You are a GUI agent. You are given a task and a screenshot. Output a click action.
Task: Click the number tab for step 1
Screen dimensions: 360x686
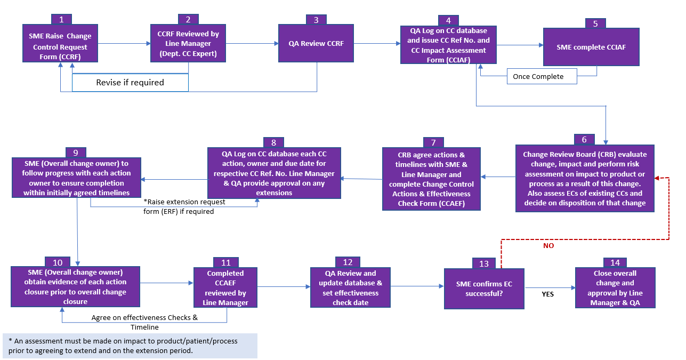click(62, 19)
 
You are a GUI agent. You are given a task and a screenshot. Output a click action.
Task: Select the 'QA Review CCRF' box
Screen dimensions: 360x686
click(317, 43)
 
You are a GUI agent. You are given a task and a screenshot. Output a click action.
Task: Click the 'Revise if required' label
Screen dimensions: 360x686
click(130, 83)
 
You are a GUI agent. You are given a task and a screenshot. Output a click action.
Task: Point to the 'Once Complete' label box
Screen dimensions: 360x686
click(542, 77)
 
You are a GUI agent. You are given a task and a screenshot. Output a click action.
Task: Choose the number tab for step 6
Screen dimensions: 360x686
click(584, 139)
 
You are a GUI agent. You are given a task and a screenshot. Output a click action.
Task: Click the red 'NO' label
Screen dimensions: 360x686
click(548, 246)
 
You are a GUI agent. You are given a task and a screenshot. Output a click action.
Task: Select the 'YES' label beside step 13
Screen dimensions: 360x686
click(548, 293)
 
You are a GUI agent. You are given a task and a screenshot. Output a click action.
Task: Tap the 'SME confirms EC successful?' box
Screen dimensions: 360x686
click(485, 289)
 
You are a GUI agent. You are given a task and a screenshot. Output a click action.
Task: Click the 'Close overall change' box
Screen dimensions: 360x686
click(615, 288)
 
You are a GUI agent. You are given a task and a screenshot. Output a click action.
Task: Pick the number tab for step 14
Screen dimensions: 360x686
click(615, 263)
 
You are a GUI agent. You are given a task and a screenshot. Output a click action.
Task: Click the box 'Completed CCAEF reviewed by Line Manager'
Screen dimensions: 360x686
click(226, 288)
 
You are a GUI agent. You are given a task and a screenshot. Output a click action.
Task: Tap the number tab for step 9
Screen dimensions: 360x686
click(76, 153)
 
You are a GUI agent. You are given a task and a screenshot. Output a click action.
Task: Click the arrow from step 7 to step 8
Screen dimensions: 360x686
click(361, 179)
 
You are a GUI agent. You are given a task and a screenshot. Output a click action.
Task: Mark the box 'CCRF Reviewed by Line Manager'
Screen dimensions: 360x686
click(188, 43)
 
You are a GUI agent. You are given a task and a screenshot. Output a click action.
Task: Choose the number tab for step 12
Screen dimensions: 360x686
click(348, 262)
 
